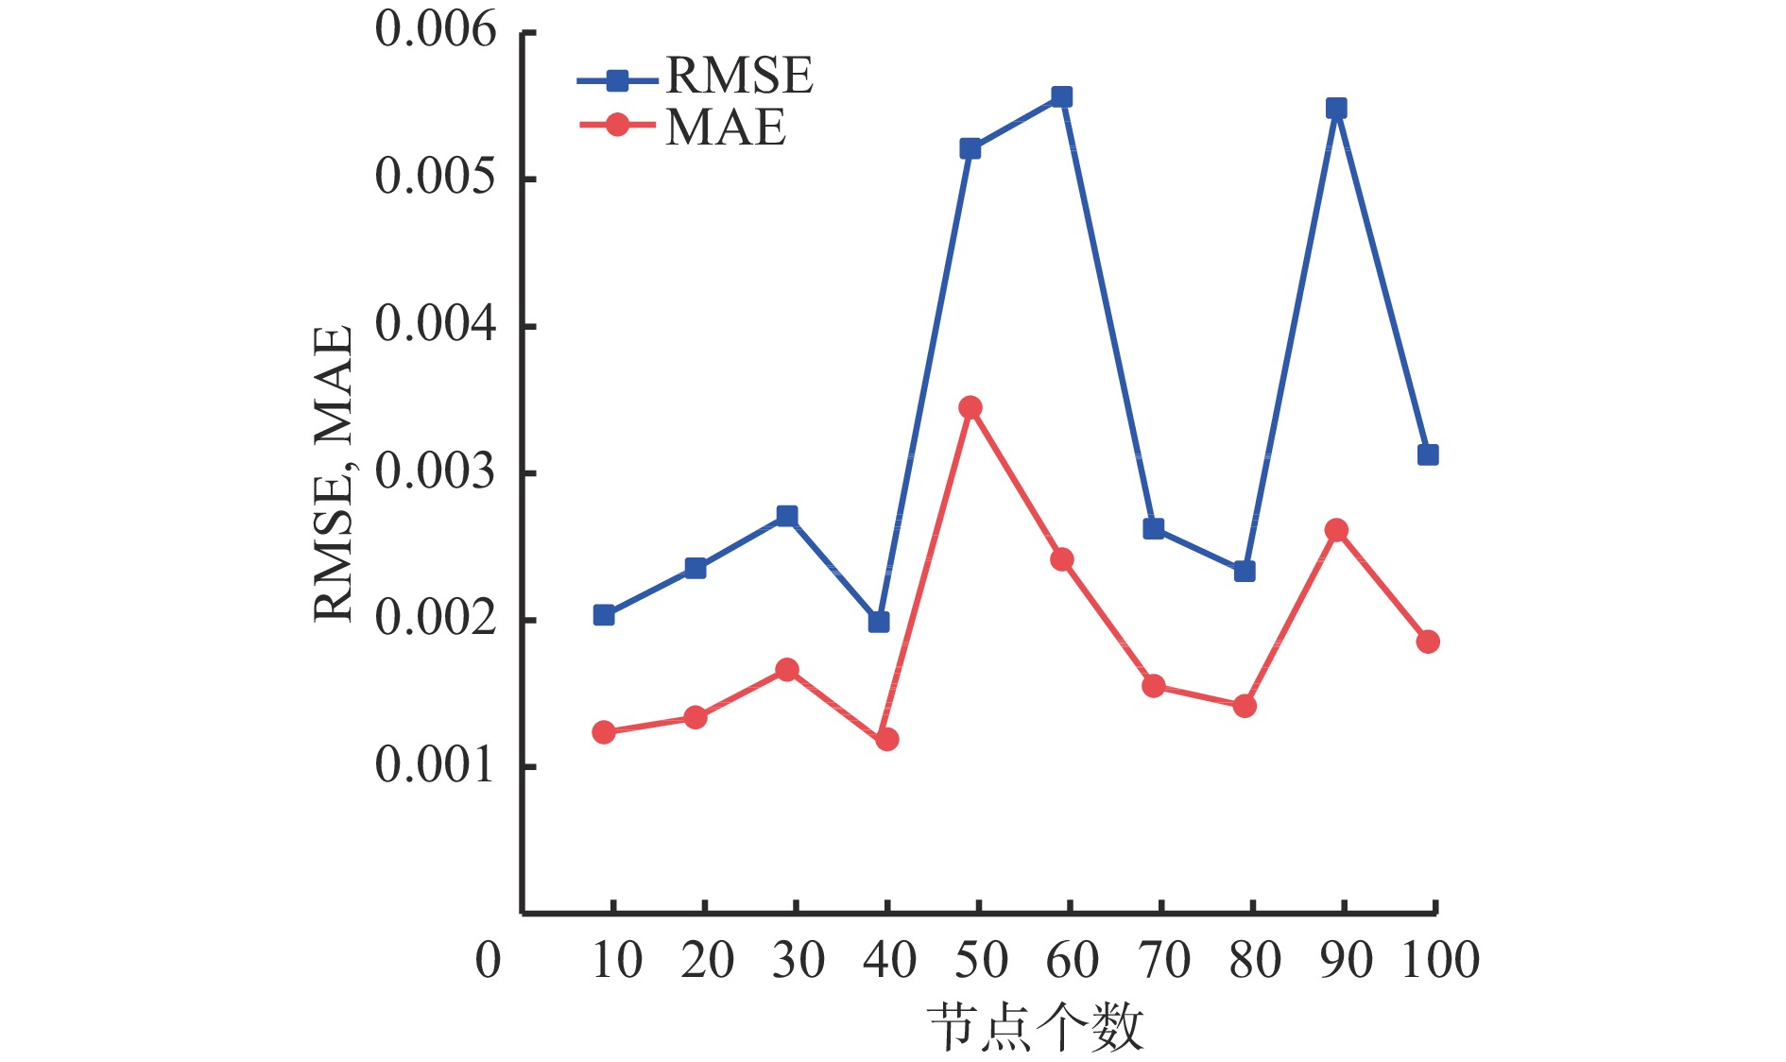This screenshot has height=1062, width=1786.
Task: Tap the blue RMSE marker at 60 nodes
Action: pyautogui.click(x=1061, y=97)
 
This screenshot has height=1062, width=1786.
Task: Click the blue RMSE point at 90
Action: pyautogui.click(x=1335, y=109)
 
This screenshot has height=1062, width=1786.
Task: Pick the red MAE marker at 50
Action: pyautogui.click(x=970, y=407)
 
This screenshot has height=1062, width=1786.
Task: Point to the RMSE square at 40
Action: pyautogui.click(x=879, y=622)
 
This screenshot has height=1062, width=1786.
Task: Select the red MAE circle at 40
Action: pyautogui.click(x=886, y=739)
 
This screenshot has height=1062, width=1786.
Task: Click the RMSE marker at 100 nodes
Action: pyautogui.click(x=1427, y=455)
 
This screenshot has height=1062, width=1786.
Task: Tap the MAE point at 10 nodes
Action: pyautogui.click(x=604, y=732)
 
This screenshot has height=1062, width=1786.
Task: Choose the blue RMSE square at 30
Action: pyautogui.click(x=787, y=516)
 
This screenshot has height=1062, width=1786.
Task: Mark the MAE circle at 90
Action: pyautogui.click(x=1335, y=530)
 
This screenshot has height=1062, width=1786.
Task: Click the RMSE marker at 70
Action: pyautogui.click(x=1153, y=529)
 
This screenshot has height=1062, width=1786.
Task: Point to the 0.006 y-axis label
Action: pyautogui.click(x=435, y=30)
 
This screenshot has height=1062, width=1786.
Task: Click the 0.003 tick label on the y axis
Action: pyautogui.click(x=435, y=471)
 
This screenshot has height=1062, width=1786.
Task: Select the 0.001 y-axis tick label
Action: pyautogui.click(x=435, y=765)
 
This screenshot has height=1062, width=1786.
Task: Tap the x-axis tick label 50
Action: pyautogui.click(x=980, y=961)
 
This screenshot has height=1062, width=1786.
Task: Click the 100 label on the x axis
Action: pyautogui.click(x=1439, y=961)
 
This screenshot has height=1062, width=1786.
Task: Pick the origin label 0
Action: pyautogui.click(x=488, y=961)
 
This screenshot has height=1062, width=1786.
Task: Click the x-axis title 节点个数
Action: pyautogui.click(x=1036, y=1028)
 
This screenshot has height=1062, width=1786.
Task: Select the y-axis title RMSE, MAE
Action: pyautogui.click(x=334, y=473)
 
